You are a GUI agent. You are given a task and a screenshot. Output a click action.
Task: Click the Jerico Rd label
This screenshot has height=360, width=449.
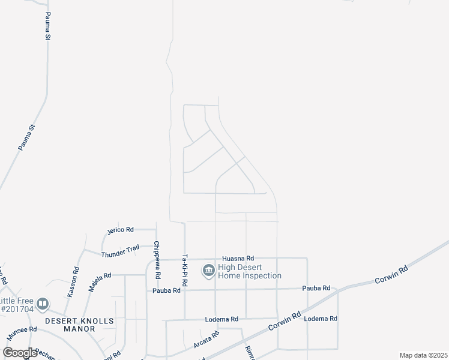pos(120,230)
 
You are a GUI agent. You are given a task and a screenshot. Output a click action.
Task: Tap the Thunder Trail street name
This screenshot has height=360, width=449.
pos(120,251)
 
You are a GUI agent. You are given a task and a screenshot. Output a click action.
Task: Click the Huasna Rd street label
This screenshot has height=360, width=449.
pos(238,257)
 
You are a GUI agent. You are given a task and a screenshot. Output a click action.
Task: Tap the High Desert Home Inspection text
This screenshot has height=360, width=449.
pos(249,272)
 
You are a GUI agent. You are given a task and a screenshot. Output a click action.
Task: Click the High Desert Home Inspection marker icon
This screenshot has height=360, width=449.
pos(208,271)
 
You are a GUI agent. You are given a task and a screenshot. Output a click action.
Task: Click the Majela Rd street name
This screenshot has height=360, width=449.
pos(100,281)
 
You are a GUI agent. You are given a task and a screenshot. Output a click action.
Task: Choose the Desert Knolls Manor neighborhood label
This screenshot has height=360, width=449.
pos(79,325)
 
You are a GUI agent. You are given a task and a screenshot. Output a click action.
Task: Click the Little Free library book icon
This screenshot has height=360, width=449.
pos(42,304)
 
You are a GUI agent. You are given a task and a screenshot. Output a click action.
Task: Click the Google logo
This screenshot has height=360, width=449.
pos(20,353)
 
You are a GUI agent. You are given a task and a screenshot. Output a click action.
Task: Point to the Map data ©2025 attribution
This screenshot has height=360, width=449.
pos(423,355)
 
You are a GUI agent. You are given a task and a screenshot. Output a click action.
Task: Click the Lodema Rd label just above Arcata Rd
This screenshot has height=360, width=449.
pos(221,319)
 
